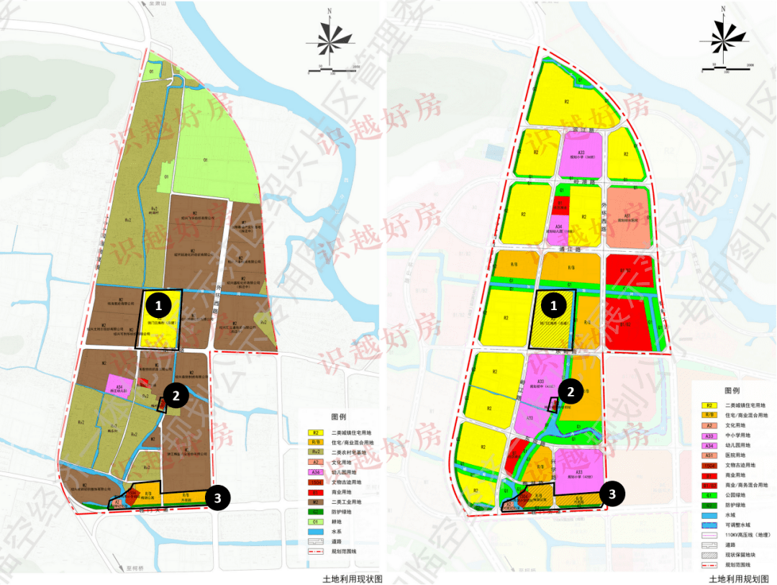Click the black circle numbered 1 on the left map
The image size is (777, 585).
click(x=159, y=306)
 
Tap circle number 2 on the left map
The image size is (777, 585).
click(x=176, y=393)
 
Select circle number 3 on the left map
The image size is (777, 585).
click(x=218, y=497)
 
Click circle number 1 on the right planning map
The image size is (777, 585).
click(x=554, y=306)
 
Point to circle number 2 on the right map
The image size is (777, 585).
click(x=571, y=391)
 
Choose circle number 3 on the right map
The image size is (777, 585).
click(x=612, y=494)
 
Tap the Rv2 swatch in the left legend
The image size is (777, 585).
click(x=314, y=452)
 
